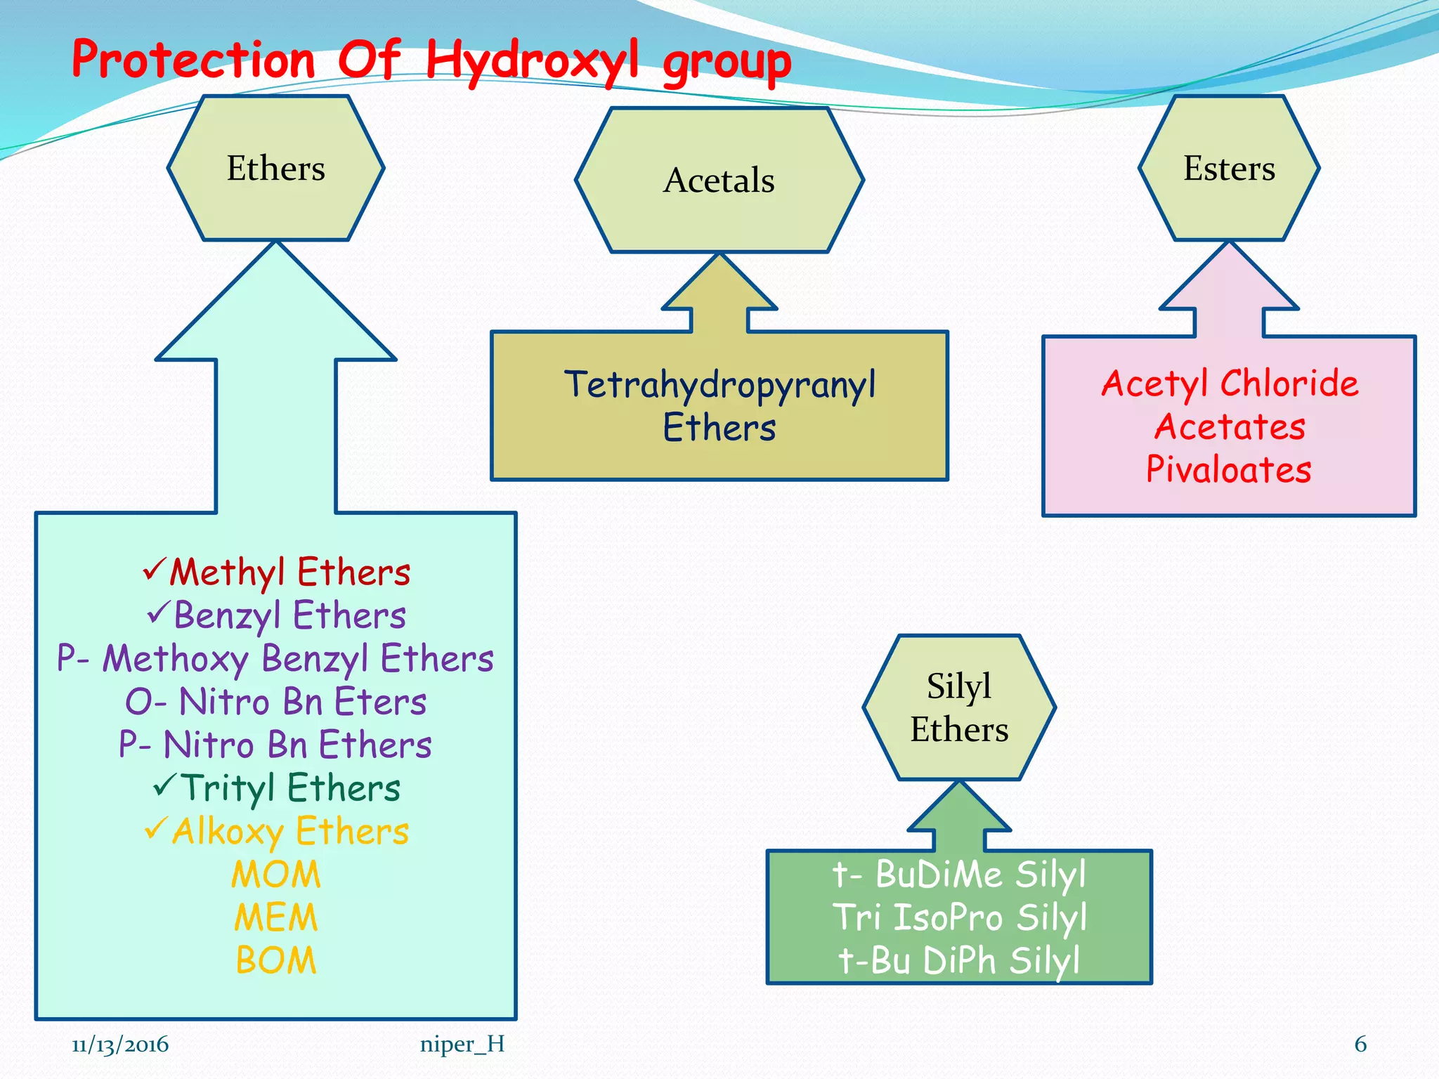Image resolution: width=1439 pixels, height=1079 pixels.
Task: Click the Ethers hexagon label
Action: (275, 169)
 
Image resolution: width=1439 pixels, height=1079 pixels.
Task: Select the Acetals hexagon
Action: (719, 181)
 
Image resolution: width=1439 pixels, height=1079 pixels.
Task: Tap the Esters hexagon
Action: (1229, 169)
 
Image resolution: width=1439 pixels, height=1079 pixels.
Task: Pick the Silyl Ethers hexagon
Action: (959, 707)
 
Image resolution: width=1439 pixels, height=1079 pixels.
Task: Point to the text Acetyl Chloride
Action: (1229, 384)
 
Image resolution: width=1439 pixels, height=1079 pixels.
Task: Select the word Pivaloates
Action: (1229, 469)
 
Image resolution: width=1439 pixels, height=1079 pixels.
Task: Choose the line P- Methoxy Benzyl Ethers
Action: (275, 659)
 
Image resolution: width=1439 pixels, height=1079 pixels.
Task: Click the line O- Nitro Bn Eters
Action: (275, 702)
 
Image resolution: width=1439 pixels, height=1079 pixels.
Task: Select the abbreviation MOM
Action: (275, 875)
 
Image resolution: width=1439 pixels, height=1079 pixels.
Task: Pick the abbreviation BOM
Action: (275, 960)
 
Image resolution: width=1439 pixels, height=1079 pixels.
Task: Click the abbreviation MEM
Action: (275, 917)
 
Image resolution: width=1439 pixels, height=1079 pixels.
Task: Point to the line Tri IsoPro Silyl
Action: (959, 917)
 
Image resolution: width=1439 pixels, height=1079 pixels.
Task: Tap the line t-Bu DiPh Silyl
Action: (959, 960)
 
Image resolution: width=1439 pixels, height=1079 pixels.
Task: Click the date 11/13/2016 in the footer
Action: (120, 1045)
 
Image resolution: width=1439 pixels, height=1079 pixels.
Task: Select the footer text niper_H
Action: (462, 1045)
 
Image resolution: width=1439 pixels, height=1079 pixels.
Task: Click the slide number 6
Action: (1360, 1045)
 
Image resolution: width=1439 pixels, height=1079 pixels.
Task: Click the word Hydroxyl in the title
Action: (533, 60)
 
